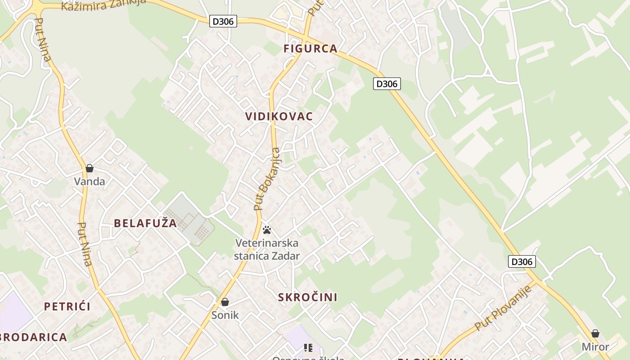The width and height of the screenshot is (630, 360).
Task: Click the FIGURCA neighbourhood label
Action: point(310,49)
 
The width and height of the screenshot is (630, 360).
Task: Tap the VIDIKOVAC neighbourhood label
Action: point(279,116)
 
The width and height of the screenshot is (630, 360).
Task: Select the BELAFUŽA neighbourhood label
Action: point(145,223)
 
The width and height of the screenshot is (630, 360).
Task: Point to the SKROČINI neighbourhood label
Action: point(308,297)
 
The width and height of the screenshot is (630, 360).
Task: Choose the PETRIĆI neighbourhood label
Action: point(67,306)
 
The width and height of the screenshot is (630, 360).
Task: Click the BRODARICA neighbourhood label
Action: point(34,337)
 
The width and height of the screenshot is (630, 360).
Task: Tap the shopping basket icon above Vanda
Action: point(90,168)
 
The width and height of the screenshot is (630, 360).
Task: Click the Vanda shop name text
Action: point(90,181)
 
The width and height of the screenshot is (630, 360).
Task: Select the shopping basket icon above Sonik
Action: point(225,302)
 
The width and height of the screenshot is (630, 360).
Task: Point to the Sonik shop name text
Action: point(225,315)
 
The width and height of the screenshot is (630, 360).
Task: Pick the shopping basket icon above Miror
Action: point(595,333)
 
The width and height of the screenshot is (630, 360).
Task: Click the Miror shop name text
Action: point(595,347)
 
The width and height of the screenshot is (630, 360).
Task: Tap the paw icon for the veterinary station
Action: point(267,230)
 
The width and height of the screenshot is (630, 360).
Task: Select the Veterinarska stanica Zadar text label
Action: point(267,249)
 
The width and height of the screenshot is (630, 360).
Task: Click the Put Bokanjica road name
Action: point(267,179)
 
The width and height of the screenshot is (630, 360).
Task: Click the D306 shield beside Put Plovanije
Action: point(522,261)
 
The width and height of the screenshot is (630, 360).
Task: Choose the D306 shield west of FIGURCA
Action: point(223,21)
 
